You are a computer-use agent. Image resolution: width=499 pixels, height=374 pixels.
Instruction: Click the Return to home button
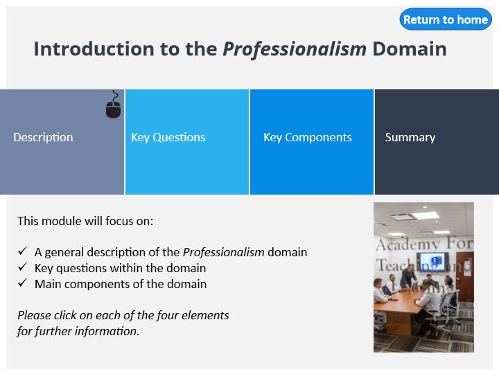coord(446,19)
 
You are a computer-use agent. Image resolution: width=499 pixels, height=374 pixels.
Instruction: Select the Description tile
coord(62,142)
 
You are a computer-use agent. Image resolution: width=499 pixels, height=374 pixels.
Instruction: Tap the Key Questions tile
coord(187,142)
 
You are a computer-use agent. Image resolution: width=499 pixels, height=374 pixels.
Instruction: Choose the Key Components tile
coord(312,142)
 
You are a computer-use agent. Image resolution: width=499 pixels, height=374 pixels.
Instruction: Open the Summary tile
coord(437,142)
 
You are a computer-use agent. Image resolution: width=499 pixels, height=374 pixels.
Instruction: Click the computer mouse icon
coord(113,105)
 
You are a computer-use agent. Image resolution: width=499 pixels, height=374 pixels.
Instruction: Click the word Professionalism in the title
coord(295,49)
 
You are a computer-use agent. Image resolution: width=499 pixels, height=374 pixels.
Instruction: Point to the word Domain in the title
coord(410,49)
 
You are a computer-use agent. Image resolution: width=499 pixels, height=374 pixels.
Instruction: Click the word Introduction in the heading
coord(94,49)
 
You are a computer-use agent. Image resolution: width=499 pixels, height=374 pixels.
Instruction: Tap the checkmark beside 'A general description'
coord(23,251)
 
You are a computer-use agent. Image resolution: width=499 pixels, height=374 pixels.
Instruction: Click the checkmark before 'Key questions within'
coord(23,267)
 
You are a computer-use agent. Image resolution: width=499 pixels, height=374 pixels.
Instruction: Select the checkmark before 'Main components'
coord(23,283)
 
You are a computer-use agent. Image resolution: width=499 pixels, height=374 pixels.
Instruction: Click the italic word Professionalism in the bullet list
coord(224,253)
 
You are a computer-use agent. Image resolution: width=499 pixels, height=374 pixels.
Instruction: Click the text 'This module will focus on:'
coord(85,221)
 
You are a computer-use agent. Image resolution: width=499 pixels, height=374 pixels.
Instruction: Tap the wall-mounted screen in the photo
coord(432,261)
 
